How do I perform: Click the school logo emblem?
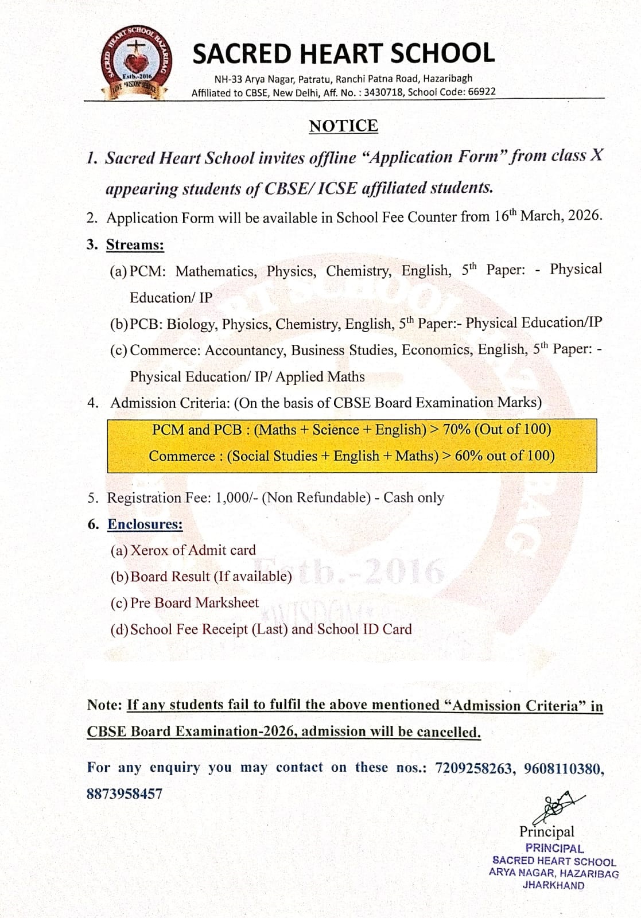[x=136, y=64]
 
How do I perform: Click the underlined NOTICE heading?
[x=343, y=126]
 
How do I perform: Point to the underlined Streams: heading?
[x=135, y=245]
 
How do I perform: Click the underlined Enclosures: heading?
[x=145, y=524]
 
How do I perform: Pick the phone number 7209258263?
[x=473, y=768]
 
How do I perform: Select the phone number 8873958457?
[x=125, y=794]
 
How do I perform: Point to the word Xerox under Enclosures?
[x=150, y=550]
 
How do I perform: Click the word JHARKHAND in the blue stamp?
[x=553, y=885]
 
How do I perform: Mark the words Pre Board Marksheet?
[x=195, y=603]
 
